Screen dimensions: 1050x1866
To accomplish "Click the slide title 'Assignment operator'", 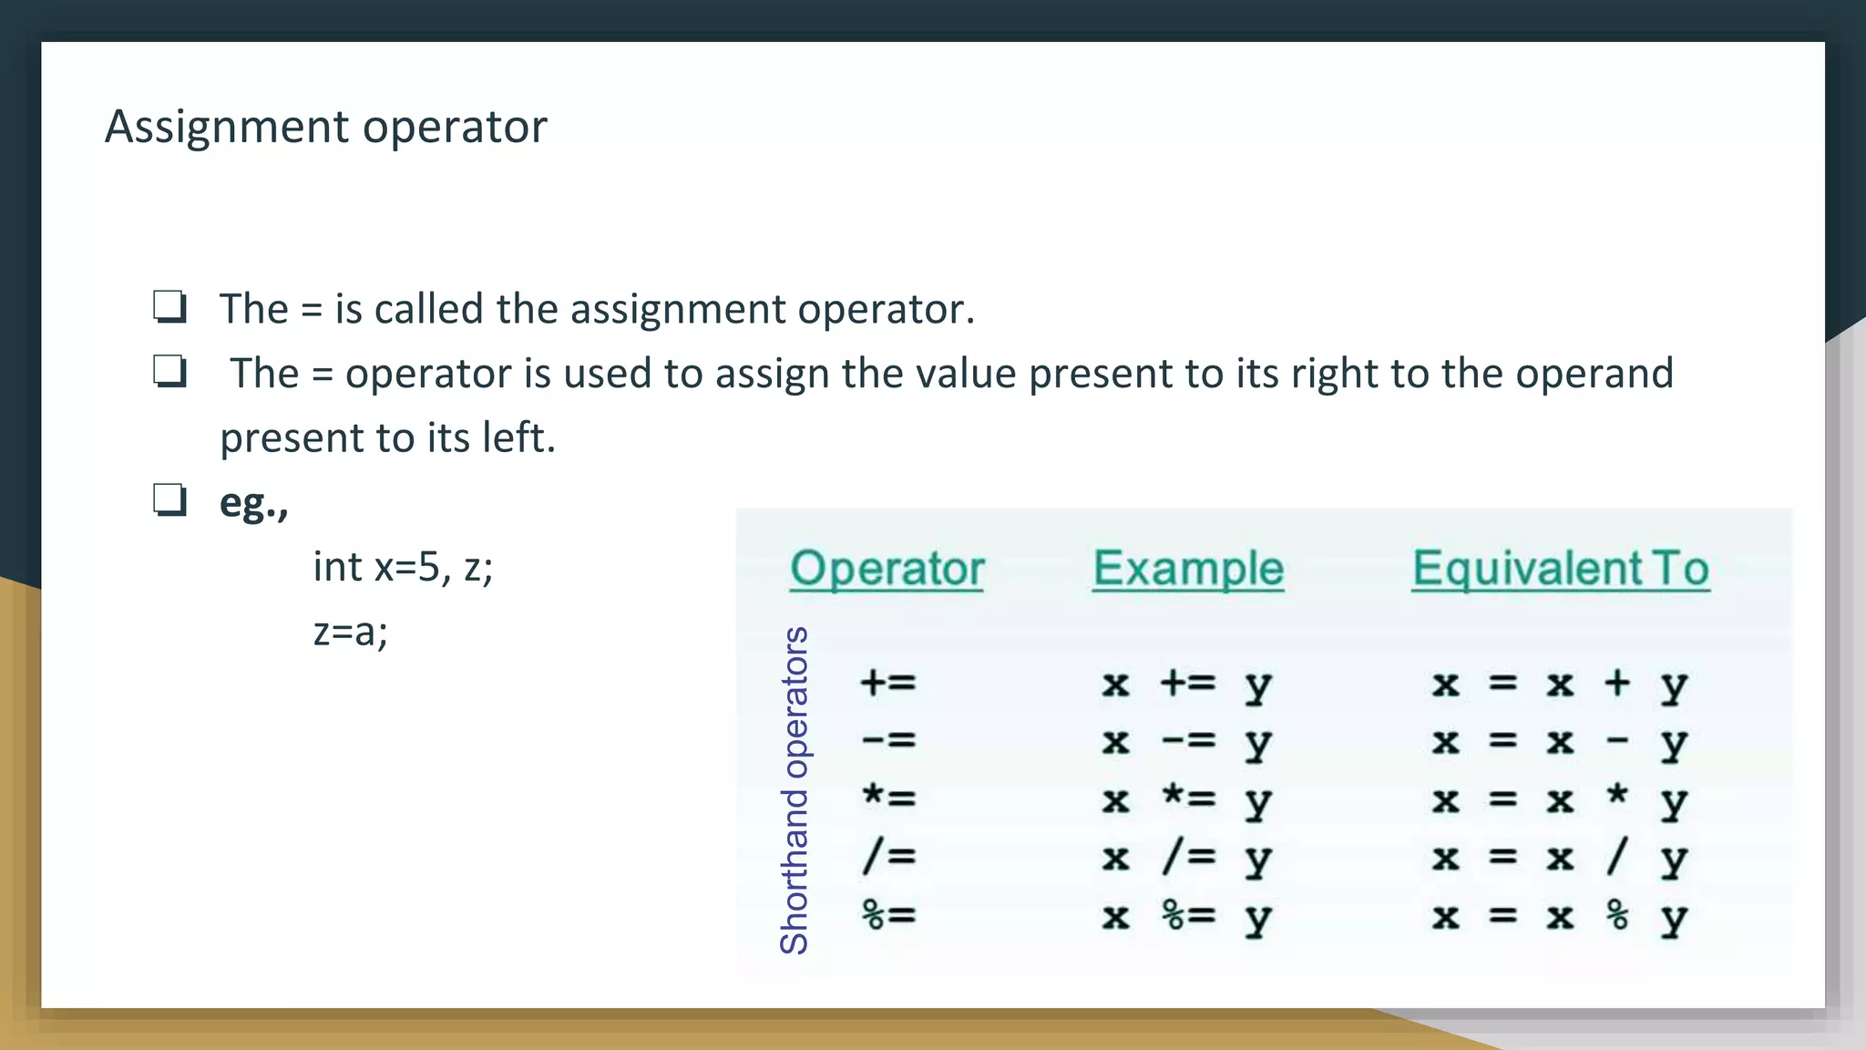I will tap(325, 127).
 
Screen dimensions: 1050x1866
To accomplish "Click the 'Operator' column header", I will tap(887, 569).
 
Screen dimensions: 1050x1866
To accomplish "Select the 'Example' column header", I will tap(1188, 569).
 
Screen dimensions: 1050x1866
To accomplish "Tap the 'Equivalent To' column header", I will tap(1560, 569).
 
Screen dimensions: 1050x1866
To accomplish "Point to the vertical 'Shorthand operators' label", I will tap(795, 789).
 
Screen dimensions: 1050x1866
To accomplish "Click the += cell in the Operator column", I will tap(888, 683).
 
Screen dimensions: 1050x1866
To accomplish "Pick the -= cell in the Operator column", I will tap(888, 740).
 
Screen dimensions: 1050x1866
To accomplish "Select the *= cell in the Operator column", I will tap(888, 798).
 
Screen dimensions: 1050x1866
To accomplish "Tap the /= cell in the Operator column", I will tap(888, 857).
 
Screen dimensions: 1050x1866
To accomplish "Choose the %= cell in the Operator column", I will tap(888, 914).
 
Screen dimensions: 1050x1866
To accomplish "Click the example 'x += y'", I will tap(1186, 685).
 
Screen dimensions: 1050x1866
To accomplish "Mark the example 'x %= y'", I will tap(1186, 916).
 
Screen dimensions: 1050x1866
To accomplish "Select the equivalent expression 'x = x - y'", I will tap(1559, 742).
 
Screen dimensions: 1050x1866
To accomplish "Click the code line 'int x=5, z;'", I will tap(403, 567).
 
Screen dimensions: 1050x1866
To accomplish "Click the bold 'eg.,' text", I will tap(253, 503).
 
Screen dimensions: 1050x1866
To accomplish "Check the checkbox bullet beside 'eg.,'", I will tap(169, 500).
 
